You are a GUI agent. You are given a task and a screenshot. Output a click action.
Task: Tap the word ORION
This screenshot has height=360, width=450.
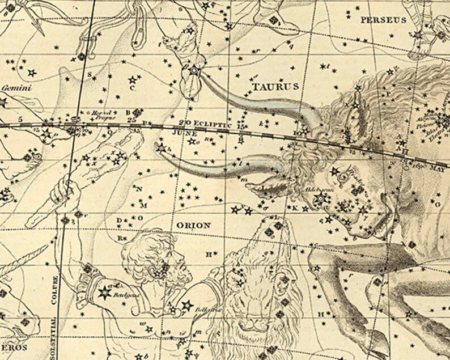pyautogui.click(x=194, y=225)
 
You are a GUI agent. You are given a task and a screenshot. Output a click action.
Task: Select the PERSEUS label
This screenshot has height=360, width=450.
pyautogui.click(x=384, y=19)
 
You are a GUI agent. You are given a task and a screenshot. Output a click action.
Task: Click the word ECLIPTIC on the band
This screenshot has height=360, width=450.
pyautogui.click(x=213, y=123)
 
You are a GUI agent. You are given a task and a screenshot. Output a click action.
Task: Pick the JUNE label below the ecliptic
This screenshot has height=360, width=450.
pyautogui.click(x=187, y=133)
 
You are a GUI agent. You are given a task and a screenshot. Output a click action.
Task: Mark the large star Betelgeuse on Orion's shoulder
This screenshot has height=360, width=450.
pyautogui.click(x=105, y=293)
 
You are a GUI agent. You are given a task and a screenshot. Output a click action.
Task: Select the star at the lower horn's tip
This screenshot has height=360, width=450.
pyautogui.click(x=162, y=148)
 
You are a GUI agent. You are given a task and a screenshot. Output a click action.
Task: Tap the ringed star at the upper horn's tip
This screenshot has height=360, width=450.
pyautogui.click(x=194, y=71)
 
